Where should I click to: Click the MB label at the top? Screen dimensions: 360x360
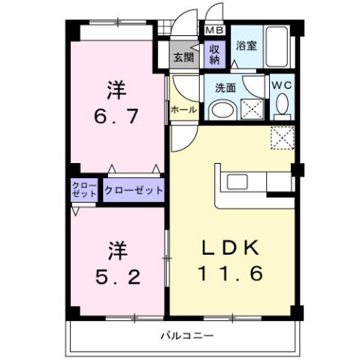(215, 31)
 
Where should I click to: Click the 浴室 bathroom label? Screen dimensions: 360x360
(245, 45)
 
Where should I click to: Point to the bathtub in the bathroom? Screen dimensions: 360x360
(277, 47)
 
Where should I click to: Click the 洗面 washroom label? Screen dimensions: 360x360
(226, 88)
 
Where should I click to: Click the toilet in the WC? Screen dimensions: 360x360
(282, 109)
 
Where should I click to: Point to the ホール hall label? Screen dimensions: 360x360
(183, 110)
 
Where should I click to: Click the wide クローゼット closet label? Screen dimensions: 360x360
(134, 190)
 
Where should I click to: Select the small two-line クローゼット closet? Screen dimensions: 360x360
(84, 190)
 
